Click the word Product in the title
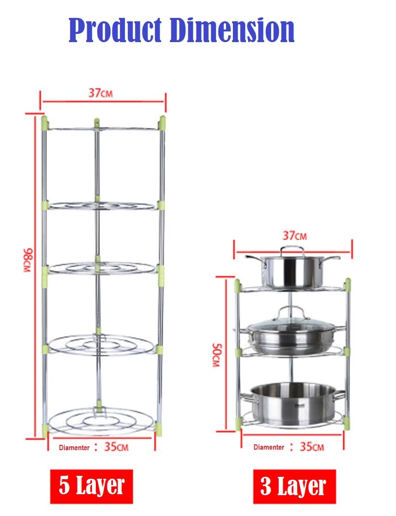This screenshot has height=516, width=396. [115, 30]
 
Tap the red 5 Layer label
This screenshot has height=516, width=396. [91, 486]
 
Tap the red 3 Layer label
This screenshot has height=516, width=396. [294, 486]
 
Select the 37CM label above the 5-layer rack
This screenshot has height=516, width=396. [100, 93]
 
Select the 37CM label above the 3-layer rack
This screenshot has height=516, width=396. [295, 236]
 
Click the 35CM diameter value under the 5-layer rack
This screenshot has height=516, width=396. [116, 447]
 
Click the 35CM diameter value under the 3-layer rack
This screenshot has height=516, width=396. [312, 447]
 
